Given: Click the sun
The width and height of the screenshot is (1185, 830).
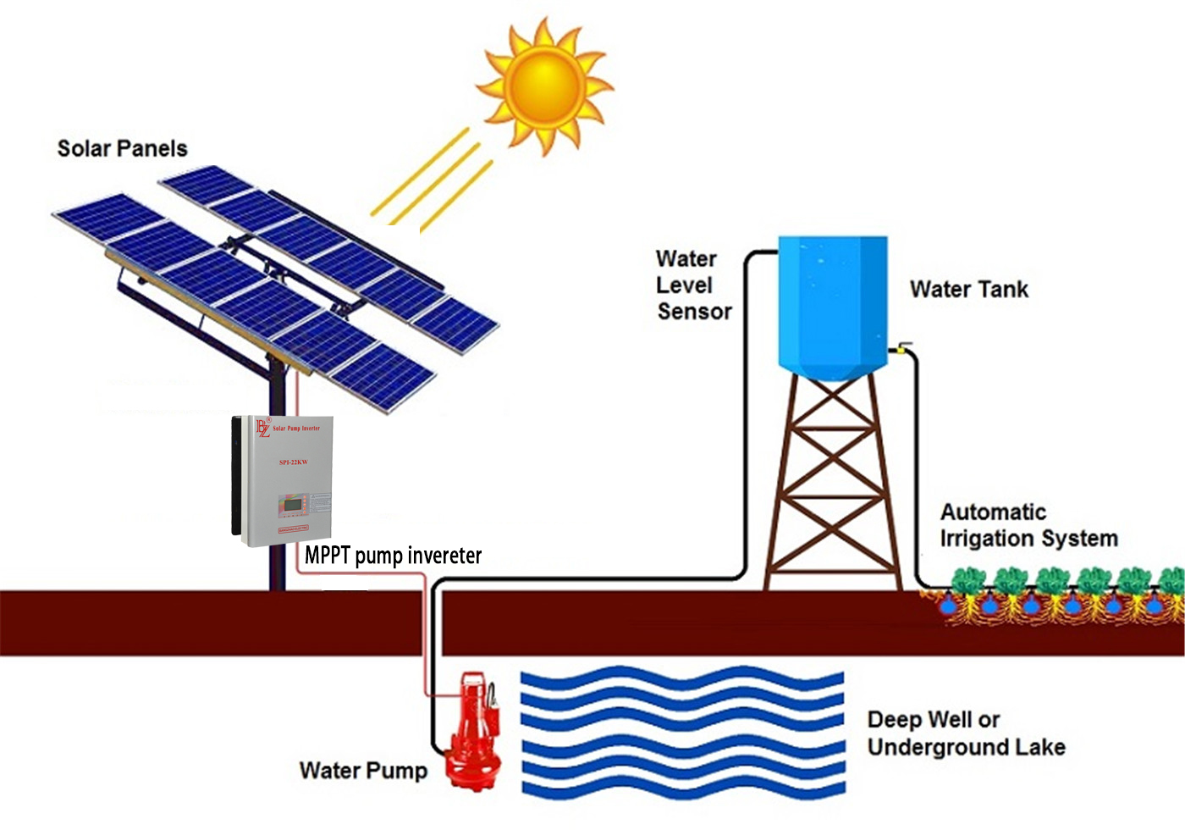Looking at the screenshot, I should click(x=544, y=85).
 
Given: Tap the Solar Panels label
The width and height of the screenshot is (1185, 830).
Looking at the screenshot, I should click(x=122, y=148).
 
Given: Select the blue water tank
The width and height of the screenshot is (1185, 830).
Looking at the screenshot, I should click(x=832, y=305).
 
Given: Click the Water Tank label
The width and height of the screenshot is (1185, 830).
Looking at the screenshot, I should click(x=968, y=289).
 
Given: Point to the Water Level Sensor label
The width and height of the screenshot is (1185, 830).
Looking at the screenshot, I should click(x=693, y=285).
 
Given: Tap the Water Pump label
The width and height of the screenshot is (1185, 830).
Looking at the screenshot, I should click(x=363, y=771).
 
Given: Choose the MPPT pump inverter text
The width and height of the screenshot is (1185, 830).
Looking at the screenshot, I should click(x=393, y=556).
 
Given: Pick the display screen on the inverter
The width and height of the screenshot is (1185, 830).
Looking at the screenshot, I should click(x=293, y=505).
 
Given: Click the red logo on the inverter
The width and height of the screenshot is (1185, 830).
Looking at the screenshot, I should click(x=263, y=428).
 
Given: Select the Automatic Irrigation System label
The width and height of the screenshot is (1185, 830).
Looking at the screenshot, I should click(x=1028, y=525).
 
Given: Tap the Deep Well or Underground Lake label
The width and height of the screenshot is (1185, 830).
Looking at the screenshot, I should click(x=966, y=733).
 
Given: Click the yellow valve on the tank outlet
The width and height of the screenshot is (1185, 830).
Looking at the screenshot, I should click(x=902, y=347).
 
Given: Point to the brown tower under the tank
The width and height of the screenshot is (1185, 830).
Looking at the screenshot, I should click(x=833, y=483).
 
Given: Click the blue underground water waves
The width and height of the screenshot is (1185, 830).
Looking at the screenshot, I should click(x=682, y=733).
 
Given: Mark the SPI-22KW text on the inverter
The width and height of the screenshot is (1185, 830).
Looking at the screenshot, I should click(x=294, y=462).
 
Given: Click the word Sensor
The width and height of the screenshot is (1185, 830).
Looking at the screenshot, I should click(x=694, y=312).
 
